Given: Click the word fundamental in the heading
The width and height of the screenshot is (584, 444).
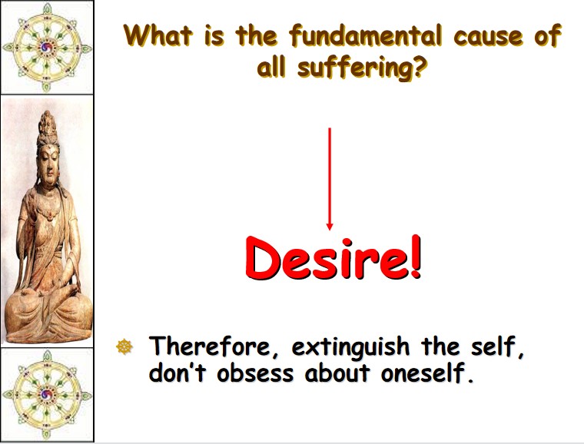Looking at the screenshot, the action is pyautogui.click(x=365, y=36).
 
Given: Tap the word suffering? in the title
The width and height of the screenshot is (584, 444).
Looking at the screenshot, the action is pyautogui.click(x=361, y=68).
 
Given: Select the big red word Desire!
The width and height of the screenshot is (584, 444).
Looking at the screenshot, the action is pyautogui.click(x=333, y=257).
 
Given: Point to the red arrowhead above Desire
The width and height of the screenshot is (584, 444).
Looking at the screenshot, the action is pyautogui.click(x=329, y=227).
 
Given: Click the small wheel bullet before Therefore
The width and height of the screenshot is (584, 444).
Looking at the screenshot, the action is pyautogui.click(x=124, y=346).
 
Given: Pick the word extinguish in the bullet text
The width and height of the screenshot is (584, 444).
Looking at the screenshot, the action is pyautogui.click(x=350, y=347).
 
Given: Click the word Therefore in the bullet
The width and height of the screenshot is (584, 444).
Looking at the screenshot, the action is pyautogui.click(x=214, y=346).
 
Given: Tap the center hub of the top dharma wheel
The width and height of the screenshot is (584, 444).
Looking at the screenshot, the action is pyautogui.click(x=47, y=48).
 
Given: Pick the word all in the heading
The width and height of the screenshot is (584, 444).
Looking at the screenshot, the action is pyautogui.click(x=270, y=67).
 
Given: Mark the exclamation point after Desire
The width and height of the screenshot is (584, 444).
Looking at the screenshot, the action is pyautogui.click(x=416, y=256).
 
